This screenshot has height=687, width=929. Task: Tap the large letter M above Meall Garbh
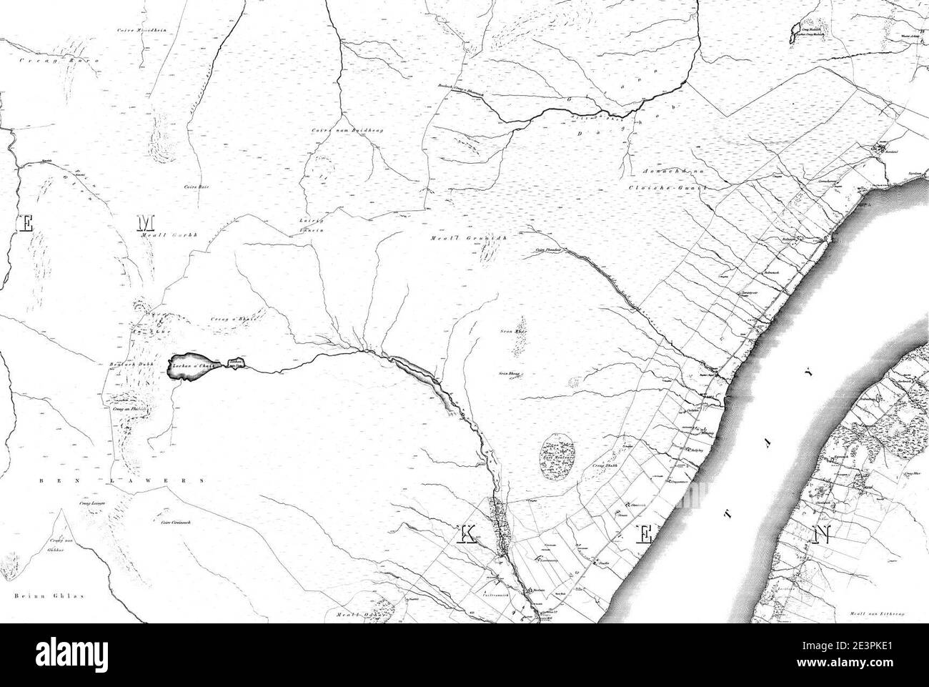[141, 224]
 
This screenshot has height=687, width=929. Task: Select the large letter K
[467, 535]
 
